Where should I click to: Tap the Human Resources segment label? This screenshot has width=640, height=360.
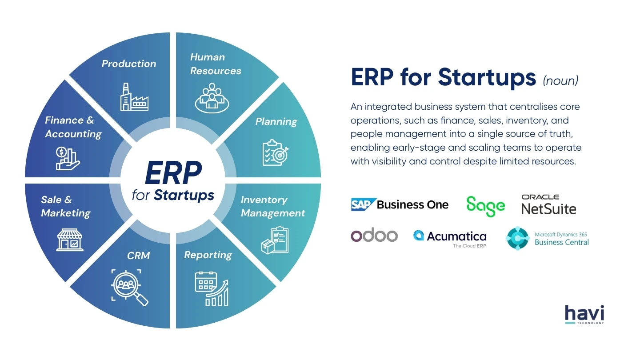pos(216,64)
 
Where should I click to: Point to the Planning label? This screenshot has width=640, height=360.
pos(276,122)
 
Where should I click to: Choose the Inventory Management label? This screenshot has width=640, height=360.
pos(272,207)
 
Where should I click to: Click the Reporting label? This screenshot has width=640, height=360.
pos(208,255)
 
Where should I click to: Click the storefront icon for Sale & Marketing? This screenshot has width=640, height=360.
pos(70,240)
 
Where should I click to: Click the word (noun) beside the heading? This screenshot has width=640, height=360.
pos(560,80)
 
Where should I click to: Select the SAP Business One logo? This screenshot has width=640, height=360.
pos(400,204)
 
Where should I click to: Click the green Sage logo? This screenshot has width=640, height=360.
pos(485,206)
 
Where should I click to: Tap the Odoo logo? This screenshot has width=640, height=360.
pos(374,236)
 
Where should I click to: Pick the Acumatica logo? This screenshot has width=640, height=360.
pos(450,238)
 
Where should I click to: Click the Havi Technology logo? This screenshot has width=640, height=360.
pos(584,315)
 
